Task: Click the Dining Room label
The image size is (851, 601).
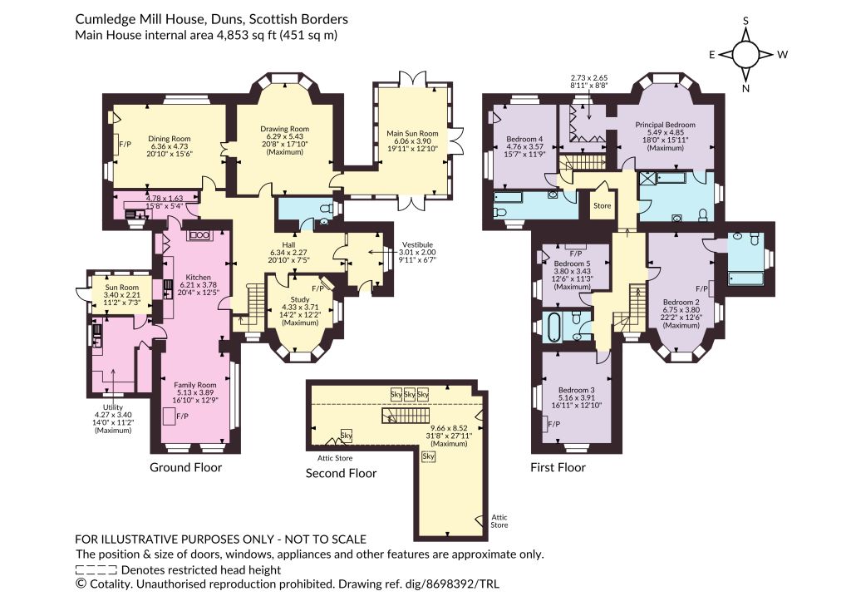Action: click(170, 139)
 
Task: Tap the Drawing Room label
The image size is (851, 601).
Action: click(284, 129)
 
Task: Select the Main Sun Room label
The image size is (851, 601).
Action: click(412, 133)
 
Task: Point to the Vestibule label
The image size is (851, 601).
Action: click(417, 245)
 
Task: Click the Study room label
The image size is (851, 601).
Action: click(300, 299)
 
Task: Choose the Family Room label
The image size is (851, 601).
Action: click(194, 385)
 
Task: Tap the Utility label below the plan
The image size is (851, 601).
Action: click(113, 407)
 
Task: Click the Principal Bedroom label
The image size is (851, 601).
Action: click(666, 125)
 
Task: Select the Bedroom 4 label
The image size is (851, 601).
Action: click(524, 139)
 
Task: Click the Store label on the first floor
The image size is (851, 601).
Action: click(602, 206)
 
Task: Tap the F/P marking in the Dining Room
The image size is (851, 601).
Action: click(125, 145)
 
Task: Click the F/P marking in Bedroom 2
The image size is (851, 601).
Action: click(701, 288)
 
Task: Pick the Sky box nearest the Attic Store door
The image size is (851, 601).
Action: click(346, 435)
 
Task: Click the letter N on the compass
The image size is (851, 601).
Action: click(745, 88)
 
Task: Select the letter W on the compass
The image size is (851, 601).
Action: click(782, 54)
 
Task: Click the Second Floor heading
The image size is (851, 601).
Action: click(341, 474)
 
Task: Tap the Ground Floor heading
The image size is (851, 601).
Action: click(185, 467)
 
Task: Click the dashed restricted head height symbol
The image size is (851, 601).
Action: click(96, 570)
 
